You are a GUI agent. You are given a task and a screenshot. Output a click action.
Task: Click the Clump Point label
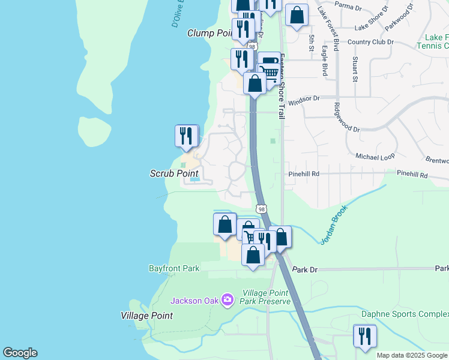[209, 33]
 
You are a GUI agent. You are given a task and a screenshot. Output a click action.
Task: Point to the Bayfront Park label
[174, 268]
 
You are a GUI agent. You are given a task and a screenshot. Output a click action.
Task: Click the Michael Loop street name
[375, 156]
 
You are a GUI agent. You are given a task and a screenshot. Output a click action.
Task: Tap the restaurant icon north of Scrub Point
[187, 136]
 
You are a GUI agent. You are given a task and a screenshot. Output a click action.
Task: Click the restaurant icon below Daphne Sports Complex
[364, 336]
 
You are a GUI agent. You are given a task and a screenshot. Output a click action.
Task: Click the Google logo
[20, 353]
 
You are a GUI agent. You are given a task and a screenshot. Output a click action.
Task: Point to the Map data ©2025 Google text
[412, 355]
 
